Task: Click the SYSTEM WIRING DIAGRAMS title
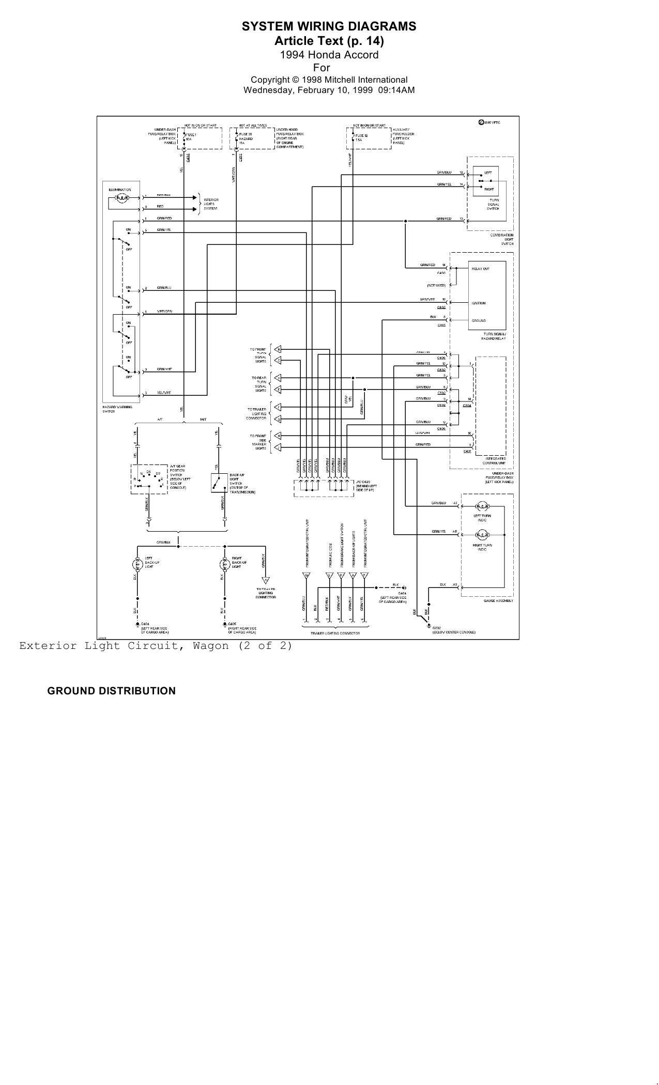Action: (x=329, y=26)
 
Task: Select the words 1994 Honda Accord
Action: (x=329, y=55)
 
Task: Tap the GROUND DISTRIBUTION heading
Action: (x=111, y=691)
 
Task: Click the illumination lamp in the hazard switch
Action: (x=122, y=197)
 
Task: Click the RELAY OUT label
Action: (x=480, y=269)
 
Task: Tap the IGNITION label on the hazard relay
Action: (x=478, y=303)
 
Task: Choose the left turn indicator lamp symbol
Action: (x=482, y=505)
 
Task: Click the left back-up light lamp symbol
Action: (x=137, y=563)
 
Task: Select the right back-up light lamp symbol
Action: (x=224, y=563)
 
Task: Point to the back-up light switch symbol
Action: (x=217, y=483)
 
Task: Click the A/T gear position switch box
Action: (x=149, y=479)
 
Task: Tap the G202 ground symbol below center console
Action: (x=428, y=626)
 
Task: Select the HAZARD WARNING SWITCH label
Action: (x=117, y=409)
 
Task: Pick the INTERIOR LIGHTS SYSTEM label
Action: (x=211, y=204)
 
